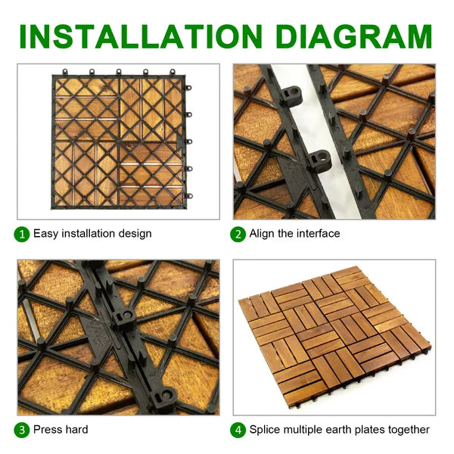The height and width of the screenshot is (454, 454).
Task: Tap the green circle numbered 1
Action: point(23,234)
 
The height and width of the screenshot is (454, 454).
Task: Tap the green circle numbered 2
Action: point(238,234)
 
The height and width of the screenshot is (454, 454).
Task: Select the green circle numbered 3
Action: point(23,430)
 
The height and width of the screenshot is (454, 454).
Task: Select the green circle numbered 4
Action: point(238,430)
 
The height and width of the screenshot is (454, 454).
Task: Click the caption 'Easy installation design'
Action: point(92,234)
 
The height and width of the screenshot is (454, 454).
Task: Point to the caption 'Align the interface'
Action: point(294,234)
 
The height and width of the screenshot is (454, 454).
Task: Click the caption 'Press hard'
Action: point(61,430)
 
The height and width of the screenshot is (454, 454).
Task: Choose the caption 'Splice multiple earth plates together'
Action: point(340,430)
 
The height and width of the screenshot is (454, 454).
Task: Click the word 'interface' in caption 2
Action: point(318,234)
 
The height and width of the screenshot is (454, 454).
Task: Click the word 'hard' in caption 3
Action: point(76,430)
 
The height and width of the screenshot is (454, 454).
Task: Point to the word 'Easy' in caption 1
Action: point(45,234)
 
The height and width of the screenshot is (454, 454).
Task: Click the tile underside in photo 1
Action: point(119,140)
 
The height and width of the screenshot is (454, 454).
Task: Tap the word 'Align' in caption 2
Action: point(263,234)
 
